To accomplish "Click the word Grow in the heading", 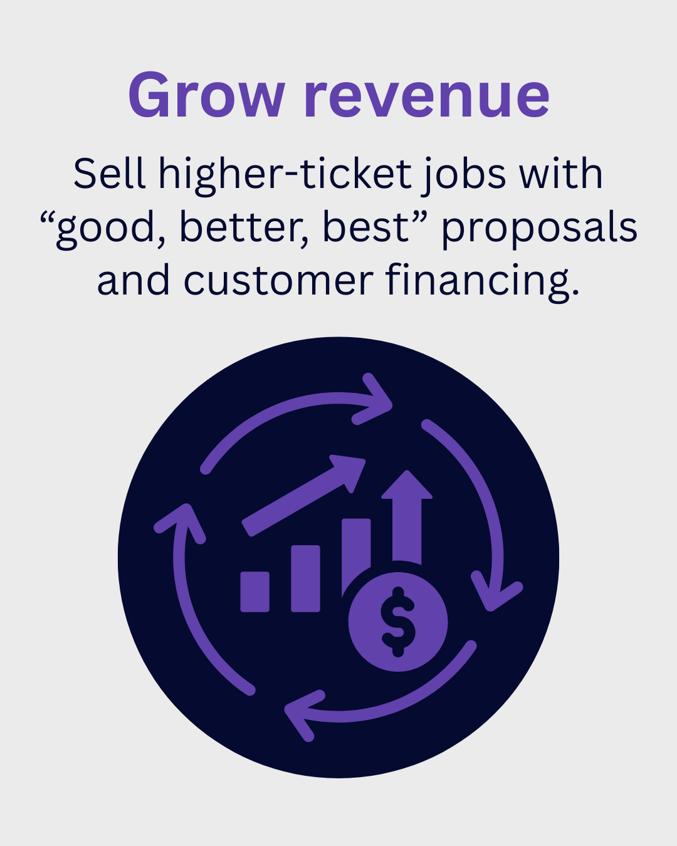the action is (x=206, y=95).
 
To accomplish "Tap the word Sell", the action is (x=109, y=173).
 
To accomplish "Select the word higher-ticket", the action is (x=285, y=176).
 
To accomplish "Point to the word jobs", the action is (x=463, y=176).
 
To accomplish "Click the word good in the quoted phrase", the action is (x=105, y=230).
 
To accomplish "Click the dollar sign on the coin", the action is (x=398, y=622).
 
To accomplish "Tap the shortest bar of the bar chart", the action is (x=255, y=592).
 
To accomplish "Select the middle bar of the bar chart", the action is (x=305, y=578).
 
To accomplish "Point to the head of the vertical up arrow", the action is (x=407, y=484).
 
